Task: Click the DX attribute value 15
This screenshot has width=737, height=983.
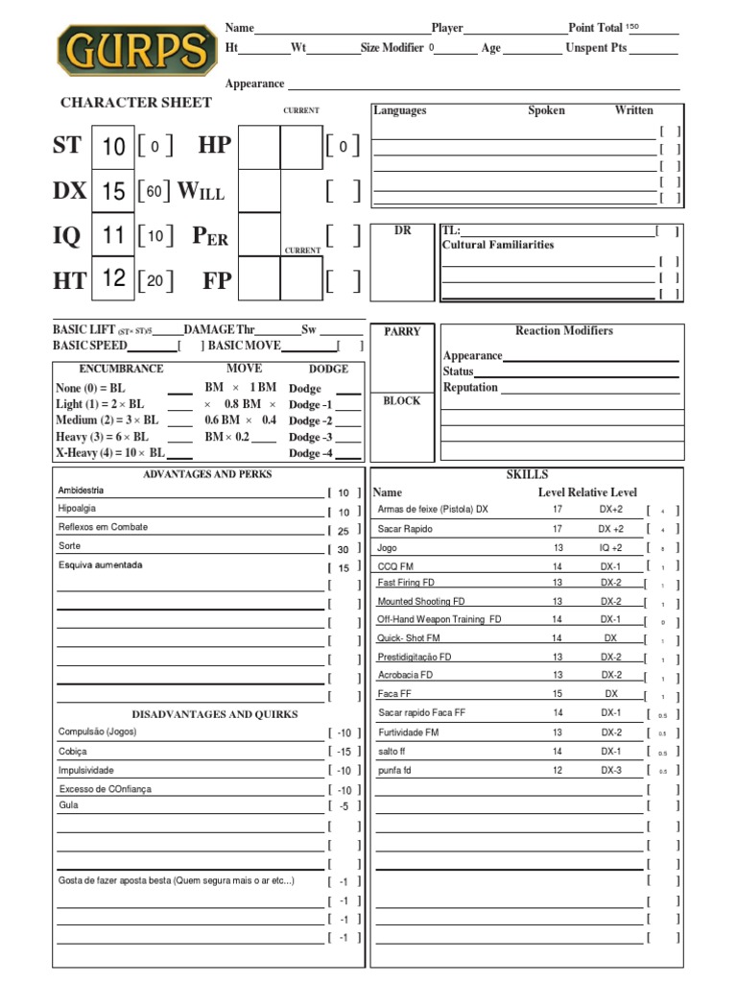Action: (113, 191)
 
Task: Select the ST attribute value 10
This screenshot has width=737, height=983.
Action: (113, 146)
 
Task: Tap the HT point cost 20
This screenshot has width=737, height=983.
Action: (155, 280)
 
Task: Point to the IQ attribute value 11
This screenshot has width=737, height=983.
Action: (113, 235)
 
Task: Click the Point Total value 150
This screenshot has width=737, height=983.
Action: (631, 27)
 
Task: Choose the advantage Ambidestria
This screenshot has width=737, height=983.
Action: (81, 491)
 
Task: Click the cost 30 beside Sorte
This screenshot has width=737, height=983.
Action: (344, 549)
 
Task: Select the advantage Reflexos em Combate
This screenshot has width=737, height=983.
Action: (103, 528)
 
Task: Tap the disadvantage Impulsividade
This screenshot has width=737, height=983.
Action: (86, 770)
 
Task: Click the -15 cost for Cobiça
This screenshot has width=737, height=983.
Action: (344, 752)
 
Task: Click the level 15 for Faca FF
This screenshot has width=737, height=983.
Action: (557, 693)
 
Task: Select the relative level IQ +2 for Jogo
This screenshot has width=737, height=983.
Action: (611, 547)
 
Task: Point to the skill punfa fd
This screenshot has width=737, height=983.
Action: (394, 770)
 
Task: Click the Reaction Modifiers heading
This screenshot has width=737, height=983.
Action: (564, 331)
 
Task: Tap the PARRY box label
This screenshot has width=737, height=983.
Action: (402, 332)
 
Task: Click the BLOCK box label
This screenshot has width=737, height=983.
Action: (402, 401)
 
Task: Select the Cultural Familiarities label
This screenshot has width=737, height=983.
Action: (498, 245)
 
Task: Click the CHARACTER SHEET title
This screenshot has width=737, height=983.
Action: (122, 103)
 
